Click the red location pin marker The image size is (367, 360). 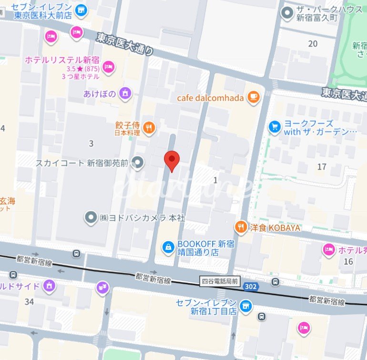pos(172,160)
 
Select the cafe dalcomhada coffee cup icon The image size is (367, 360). pos(253,98)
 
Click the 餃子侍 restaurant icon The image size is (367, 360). pos(149,127)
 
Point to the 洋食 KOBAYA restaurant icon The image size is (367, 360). pos(242,227)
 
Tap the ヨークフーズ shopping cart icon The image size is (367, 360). pos(274,126)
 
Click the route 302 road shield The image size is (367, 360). pos(248,286)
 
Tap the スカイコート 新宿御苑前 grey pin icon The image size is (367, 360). pos(138,163)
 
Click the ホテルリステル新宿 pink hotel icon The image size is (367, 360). pos(109,67)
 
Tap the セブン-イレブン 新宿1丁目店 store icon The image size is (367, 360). pos(246,305)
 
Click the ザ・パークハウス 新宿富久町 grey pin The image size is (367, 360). pos(287,12)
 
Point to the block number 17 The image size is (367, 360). pos(322,166)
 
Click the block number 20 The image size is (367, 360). pos(313,44)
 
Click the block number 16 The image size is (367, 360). pos(348,261)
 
